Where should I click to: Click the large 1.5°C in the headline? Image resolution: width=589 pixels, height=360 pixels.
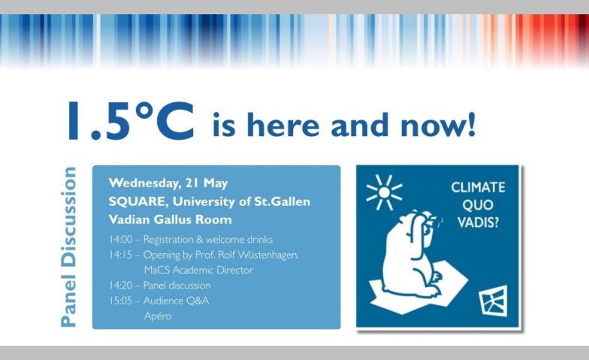pyautogui.click(x=131, y=120)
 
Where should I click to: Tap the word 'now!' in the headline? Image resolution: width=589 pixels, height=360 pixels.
pyautogui.click(x=439, y=125)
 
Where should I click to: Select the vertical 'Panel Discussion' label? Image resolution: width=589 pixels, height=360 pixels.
pyautogui.click(x=69, y=247)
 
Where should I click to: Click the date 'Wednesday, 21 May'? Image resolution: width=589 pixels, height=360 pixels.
pyautogui.click(x=168, y=183)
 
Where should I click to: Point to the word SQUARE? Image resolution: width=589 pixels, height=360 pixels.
pyautogui.click(x=137, y=201)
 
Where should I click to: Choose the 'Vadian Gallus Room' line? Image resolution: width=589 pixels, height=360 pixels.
pyautogui.click(x=170, y=219)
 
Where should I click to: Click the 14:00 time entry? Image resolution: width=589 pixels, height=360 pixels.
pyautogui.click(x=121, y=239)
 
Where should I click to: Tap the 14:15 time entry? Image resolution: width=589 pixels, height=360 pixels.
pyautogui.click(x=121, y=255)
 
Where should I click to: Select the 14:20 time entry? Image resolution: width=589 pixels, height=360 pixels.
pyautogui.click(x=121, y=286)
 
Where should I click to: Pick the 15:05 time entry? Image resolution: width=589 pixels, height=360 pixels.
pyautogui.click(x=121, y=301)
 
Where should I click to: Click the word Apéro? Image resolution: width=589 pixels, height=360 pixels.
pyautogui.click(x=158, y=316)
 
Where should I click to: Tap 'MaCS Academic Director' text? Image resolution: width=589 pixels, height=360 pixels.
pyautogui.click(x=198, y=271)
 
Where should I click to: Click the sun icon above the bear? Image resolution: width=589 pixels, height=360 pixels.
pyautogui.click(x=385, y=192)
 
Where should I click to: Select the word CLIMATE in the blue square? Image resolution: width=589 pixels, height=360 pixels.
pyautogui.click(x=478, y=187)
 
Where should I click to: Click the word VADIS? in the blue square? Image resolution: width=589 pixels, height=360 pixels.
pyautogui.click(x=478, y=222)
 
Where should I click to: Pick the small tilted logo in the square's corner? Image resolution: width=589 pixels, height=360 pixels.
pyautogui.click(x=493, y=301)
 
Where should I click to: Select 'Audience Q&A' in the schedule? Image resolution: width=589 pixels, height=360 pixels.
pyautogui.click(x=176, y=301)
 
